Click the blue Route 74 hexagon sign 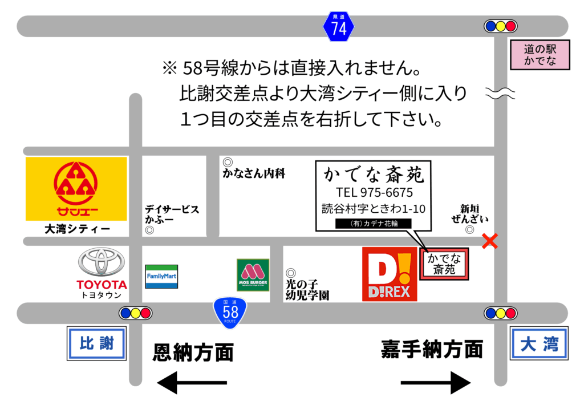[x=339, y=26]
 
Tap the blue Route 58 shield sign [x=230, y=311]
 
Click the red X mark [x=489, y=241]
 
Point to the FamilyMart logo [x=161, y=276]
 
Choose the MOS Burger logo [x=253, y=275]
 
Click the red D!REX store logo [x=390, y=274]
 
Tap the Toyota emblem [x=102, y=262]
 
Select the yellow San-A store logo [x=76, y=189]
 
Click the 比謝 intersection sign [x=96, y=343]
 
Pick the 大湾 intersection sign [x=539, y=343]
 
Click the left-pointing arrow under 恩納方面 [x=192, y=383]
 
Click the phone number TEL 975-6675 [x=374, y=192]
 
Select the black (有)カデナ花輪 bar [x=374, y=224]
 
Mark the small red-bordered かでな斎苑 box [x=444, y=264]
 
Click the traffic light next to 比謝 [x=135, y=313]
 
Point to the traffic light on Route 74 [x=500, y=26]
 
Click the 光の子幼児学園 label [x=307, y=289]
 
